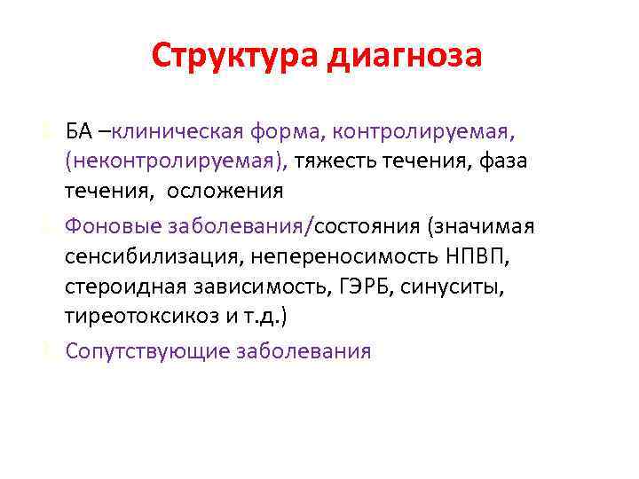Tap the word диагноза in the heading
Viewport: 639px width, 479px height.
pyautogui.click(x=406, y=56)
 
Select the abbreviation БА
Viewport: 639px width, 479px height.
pyautogui.click(x=78, y=133)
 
